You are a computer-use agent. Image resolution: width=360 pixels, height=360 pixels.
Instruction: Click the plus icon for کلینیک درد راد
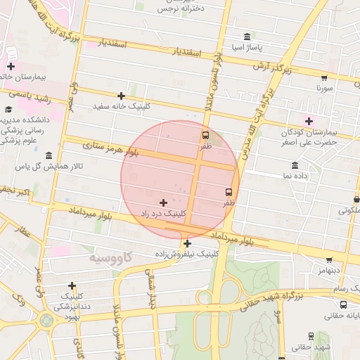coord(164,202)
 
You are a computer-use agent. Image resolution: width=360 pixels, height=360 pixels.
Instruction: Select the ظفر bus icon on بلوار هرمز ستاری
coord(205,135)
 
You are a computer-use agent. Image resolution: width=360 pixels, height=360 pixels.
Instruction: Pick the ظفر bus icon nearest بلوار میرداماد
coord(229,191)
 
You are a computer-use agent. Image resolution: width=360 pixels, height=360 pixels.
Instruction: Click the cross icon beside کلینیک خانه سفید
coord(121,96)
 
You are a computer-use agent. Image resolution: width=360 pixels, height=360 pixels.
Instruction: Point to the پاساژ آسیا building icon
coord(246,37)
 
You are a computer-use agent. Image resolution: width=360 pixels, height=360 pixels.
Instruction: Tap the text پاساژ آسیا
coord(247,47)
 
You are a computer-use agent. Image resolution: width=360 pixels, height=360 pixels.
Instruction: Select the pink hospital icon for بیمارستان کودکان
coord(309,121)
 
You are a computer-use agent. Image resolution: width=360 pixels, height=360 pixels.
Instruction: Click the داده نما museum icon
coord(295,166)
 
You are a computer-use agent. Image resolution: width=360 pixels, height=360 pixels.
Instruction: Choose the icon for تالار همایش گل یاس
coord(48,155)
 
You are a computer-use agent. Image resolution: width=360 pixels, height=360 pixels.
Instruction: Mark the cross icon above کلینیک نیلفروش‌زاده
coord(187,243)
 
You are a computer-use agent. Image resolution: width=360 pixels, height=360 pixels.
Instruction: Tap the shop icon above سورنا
coord(324,78)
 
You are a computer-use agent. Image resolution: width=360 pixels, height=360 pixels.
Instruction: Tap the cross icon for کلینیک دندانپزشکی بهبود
coord(72,285)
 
